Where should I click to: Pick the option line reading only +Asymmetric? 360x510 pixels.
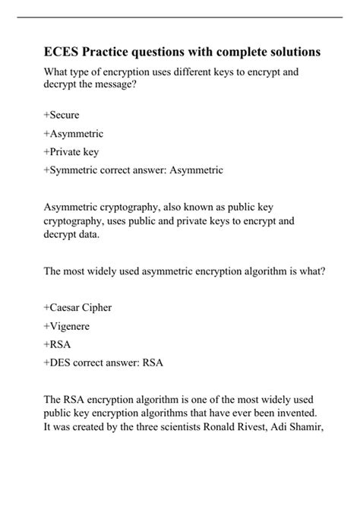[x=74, y=133]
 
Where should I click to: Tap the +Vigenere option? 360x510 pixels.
[x=68, y=326]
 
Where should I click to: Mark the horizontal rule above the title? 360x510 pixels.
[x=180, y=27]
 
